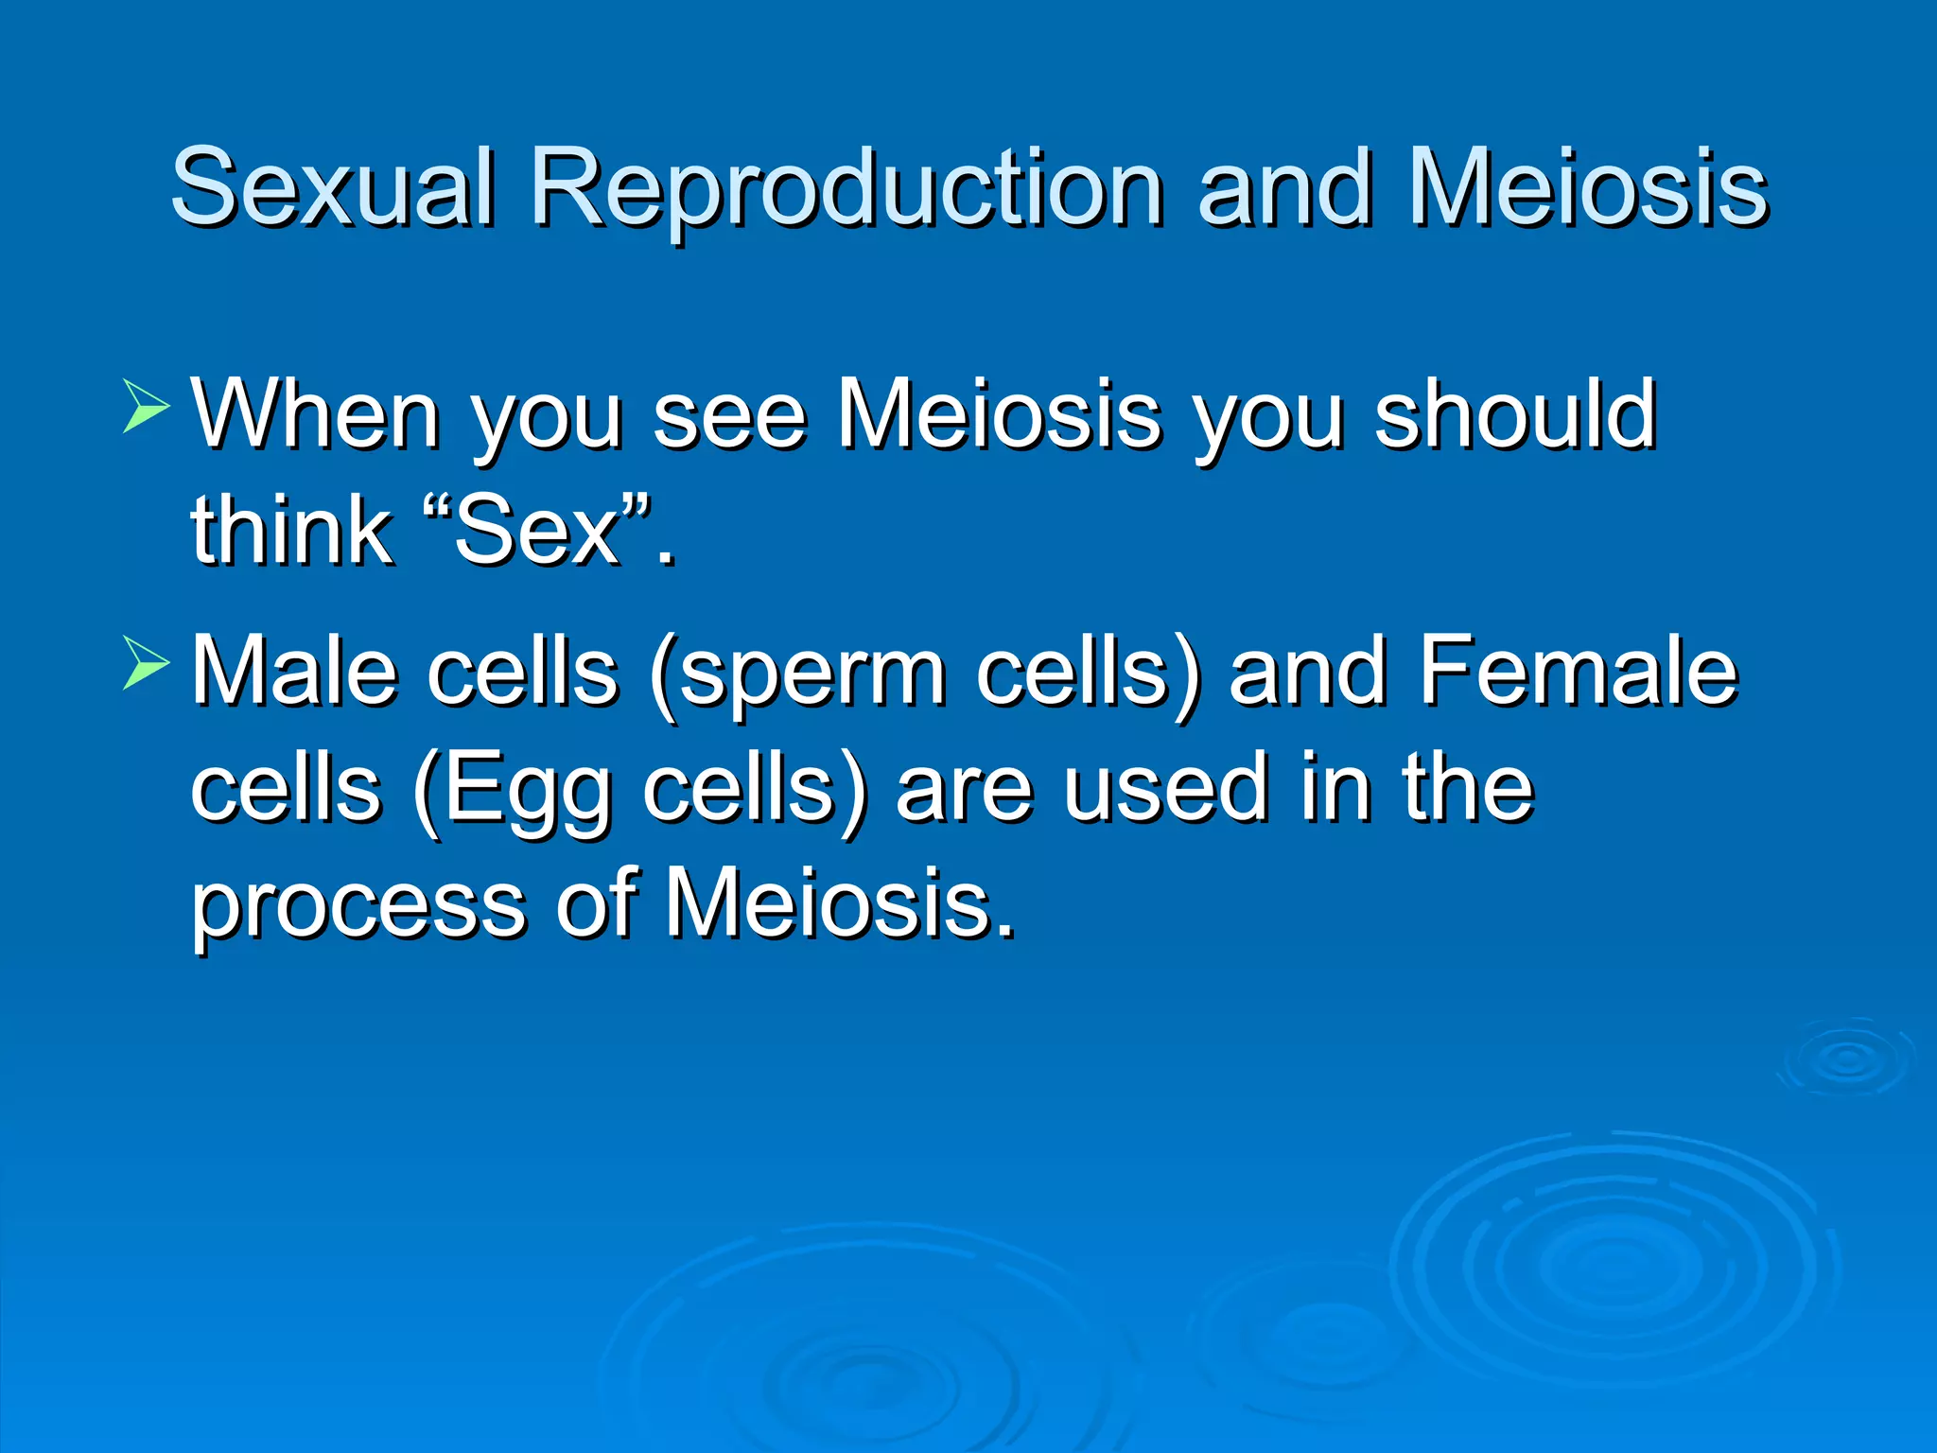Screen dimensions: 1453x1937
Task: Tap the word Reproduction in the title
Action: point(846,189)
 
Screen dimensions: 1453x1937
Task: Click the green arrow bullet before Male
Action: point(146,663)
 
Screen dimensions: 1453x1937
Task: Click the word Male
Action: point(294,671)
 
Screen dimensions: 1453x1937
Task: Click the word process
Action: point(358,906)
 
